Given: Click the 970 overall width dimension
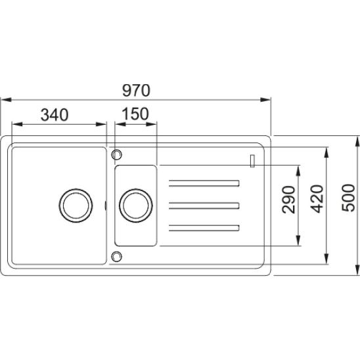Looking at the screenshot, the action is coord(136,91).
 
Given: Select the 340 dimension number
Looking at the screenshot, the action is coord(55,115).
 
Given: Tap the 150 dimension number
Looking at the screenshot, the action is coord(135,114).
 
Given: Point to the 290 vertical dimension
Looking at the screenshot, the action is coord(288,200).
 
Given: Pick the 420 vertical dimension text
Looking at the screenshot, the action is coord(317,199).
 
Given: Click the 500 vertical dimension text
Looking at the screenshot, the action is coord(349,198).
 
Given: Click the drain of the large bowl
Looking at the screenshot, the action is coord(76,206).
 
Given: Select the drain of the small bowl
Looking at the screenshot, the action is coord(136,206).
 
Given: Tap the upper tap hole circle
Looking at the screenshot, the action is coord(116,154).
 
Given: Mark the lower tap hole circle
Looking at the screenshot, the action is coord(116,256).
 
